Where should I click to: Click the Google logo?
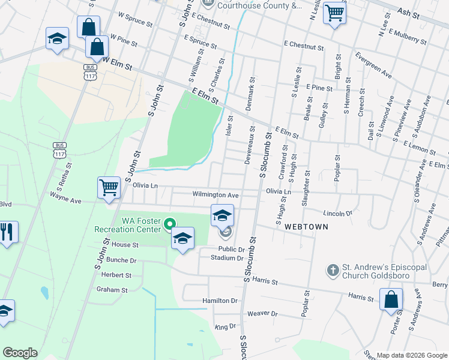(x=20, y=352)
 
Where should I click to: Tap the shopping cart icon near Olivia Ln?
(x=109, y=188)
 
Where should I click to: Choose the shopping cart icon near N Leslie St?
(x=334, y=13)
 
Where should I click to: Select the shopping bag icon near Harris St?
(x=391, y=300)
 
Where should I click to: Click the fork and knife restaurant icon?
(x=7, y=232)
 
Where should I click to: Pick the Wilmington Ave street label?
(x=215, y=195)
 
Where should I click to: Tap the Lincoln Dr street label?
(x=337, y=213)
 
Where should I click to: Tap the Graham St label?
(x=112, y=289)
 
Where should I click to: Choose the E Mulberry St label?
(x=408, y=37)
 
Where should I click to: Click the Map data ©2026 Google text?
(x=411, y=355)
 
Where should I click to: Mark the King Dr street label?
(x=225, y=327)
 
